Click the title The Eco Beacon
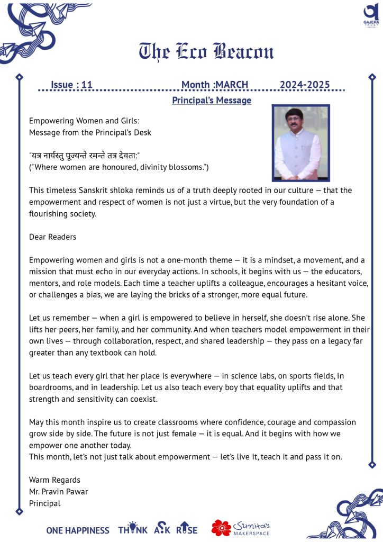point(206,51)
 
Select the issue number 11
point(87,85)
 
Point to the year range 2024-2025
point(305,85)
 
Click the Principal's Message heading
point(212,101)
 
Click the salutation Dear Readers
point(52,237)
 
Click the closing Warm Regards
point(54,480)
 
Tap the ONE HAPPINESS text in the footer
point(78,530)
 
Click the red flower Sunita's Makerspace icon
point(221,528)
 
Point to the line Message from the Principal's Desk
point(90,132)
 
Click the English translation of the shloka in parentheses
point(118,167)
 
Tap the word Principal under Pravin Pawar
point(44,503)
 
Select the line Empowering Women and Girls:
point(84,121)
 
